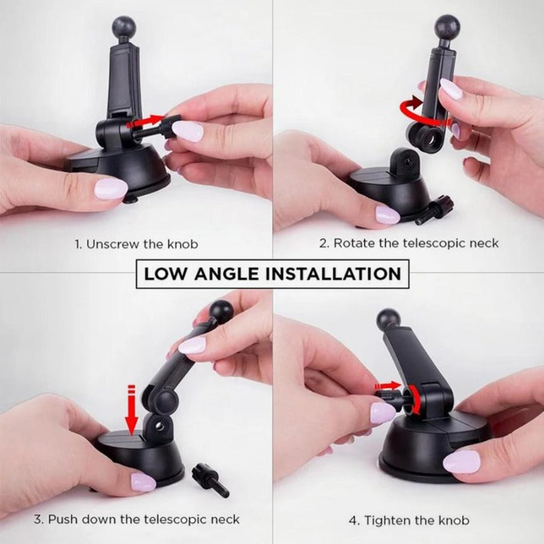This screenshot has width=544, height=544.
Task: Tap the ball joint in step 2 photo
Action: click(x=447, y=28)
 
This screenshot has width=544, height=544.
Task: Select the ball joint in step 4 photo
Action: click(x=388, y=320)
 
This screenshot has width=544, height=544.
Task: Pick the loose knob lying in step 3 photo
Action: click(x=208, y=478)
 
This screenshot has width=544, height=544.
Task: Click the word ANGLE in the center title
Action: click(x=227, y=274)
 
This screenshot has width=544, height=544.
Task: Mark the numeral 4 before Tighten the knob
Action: click(x=352, y=521)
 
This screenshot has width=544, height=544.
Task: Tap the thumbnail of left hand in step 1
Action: click(x=111, y=188)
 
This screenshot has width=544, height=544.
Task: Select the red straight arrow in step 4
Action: click(x=388, y=386)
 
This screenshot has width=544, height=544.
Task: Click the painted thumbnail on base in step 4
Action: click(x=461, y=462)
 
